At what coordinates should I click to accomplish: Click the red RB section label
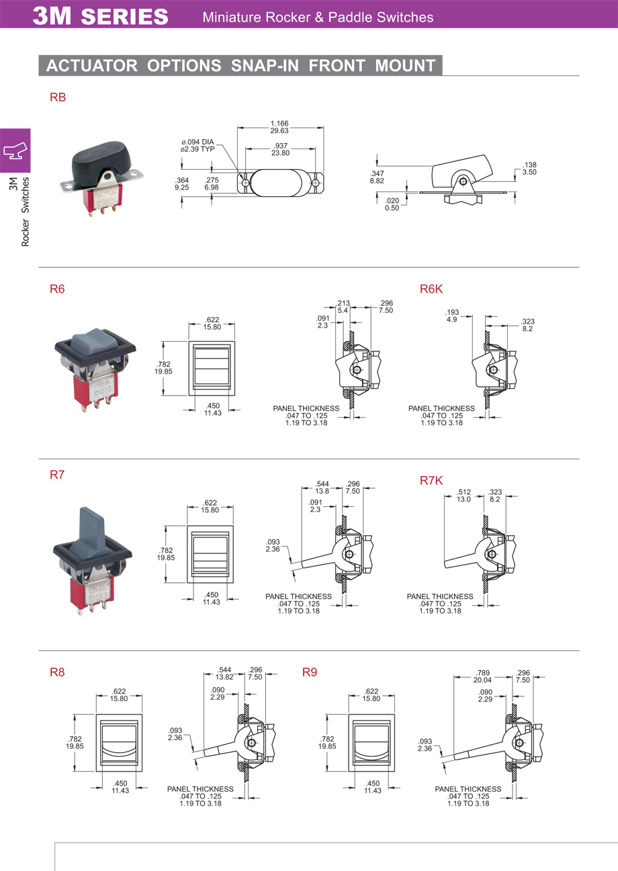58,97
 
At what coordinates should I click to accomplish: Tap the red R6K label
431,289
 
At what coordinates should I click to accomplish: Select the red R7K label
431,481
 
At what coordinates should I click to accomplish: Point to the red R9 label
310,672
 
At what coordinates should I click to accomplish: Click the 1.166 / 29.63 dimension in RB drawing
279,127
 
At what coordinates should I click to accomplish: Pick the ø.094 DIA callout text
197,142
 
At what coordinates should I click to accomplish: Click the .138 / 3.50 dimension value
529,169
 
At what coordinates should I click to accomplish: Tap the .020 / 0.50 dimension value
392,204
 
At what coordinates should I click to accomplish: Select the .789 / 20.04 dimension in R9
482,676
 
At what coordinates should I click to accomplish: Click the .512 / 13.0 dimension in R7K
463,496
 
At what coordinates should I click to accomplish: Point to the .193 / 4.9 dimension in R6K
452,316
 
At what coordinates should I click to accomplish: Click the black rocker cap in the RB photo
102,159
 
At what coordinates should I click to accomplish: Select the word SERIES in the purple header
124,17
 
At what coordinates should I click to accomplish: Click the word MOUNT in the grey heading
405,66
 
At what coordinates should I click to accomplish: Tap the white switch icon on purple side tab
15,150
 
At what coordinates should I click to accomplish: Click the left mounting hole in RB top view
245,183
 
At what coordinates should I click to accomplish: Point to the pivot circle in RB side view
463,181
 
